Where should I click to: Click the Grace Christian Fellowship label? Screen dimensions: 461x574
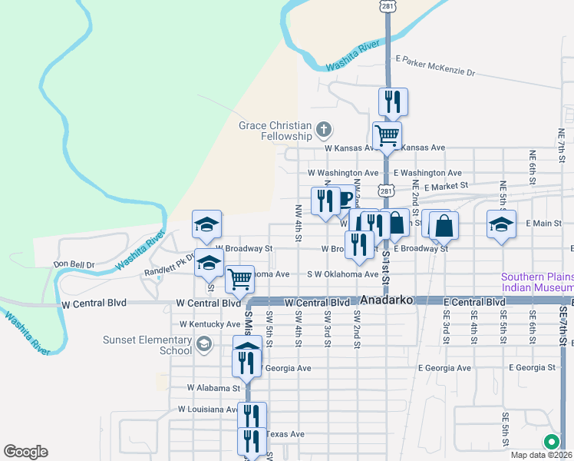point(275,131)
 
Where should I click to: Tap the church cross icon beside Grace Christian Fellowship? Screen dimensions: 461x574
point(324,128)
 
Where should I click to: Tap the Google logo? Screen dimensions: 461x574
point(25,452)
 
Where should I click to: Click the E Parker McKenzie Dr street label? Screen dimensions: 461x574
point(435,67)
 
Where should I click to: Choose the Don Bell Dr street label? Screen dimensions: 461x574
point(74,264)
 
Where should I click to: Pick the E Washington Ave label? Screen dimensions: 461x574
point(427,174)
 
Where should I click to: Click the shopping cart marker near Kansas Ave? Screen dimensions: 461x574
point(388,135)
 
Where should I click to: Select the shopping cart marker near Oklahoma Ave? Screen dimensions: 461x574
point(240,278)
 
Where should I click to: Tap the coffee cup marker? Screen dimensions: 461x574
point(345,199)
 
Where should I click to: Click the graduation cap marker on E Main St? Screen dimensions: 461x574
point(501,224)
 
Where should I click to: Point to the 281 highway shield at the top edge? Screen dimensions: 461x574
point(388,7)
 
